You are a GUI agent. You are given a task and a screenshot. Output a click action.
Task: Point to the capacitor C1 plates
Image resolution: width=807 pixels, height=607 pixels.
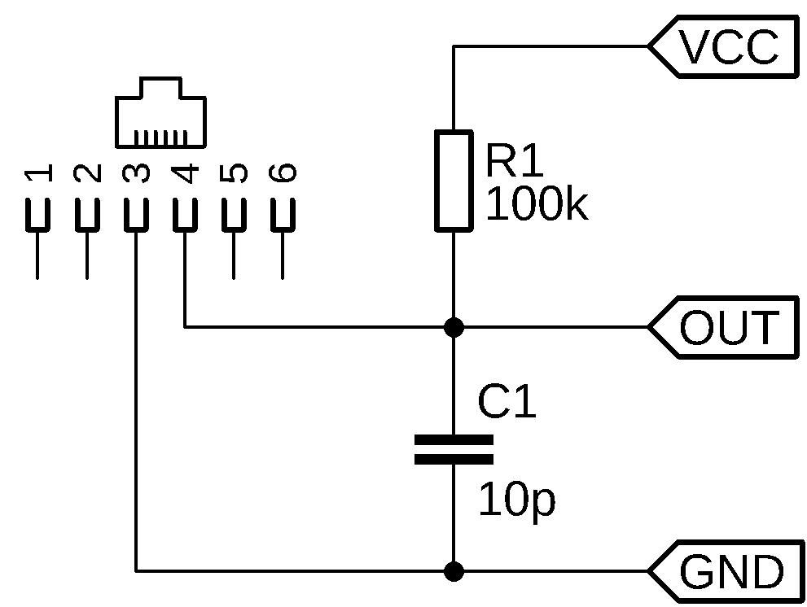454,450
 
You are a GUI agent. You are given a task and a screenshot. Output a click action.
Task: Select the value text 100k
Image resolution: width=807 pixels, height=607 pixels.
535,205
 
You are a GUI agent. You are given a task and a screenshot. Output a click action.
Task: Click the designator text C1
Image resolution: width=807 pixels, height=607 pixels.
507,402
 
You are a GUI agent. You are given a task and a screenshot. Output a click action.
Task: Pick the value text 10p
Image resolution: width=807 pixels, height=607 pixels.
516,500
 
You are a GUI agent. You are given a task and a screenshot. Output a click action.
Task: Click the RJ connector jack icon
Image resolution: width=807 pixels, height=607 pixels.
160,113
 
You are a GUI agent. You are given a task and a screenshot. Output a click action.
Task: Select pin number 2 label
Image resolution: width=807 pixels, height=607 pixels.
87,172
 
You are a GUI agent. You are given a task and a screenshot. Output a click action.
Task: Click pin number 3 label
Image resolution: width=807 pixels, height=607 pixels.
136,172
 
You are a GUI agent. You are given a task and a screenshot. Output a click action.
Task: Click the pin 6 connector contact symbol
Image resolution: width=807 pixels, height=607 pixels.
283,215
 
